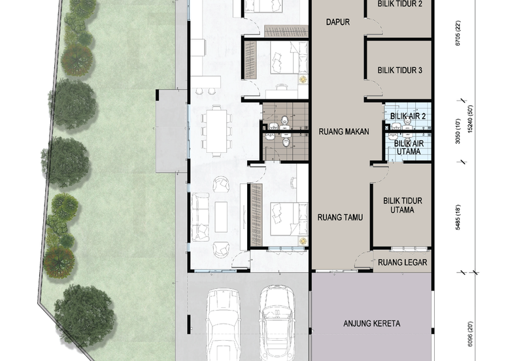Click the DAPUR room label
click(x=337, y=22)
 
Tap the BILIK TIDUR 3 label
click(x=399, y=71)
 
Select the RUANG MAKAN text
click(x=344, y=131)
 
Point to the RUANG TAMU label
click(x=340, y=218)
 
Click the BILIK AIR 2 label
click(x=408, y=116)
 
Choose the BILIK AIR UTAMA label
click(x=409, y=147)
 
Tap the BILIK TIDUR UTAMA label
click(x=403, y=205)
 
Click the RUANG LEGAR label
click(x=402, y=262)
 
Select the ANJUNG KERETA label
click(x=372, y=323)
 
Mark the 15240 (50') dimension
click(x=470, y=119)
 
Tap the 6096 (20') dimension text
click(x=470, y=334)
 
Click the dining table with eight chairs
click(x=216, y=131)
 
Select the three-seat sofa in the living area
click(x=200, y=216)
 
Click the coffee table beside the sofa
click(x=221, y=217)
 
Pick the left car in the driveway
click(x=222, y=325)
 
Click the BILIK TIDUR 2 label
click(x=399, y=4)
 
